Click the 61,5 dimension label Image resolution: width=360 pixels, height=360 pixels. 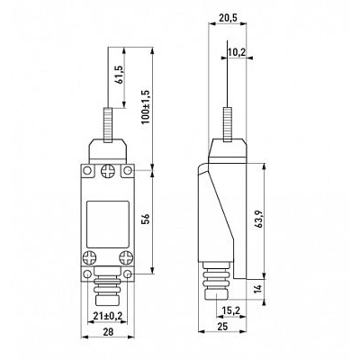120,75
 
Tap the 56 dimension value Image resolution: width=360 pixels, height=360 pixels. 145,219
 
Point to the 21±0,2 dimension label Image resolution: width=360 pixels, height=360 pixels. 107,316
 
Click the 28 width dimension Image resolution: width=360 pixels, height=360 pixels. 107,331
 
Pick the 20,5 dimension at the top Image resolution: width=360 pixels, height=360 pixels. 228,18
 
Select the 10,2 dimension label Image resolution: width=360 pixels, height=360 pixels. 237,52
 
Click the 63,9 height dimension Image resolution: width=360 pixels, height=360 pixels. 259,219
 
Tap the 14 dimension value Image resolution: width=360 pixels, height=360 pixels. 258,289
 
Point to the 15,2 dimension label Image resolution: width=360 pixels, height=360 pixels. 231,310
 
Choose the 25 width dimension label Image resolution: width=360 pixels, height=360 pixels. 222,326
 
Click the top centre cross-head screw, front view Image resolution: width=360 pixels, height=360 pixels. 107,171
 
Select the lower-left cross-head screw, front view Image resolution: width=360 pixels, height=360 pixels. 89,257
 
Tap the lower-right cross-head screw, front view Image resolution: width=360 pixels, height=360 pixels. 126,257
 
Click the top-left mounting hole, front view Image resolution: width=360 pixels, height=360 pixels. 87,171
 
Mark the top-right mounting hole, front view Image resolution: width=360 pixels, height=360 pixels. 128,171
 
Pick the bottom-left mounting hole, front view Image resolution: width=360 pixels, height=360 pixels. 87,274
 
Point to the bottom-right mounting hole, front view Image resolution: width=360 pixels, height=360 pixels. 128,274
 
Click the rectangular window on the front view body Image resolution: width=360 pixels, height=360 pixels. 107,224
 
